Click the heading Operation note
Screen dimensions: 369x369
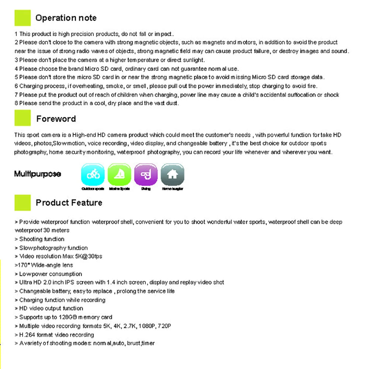[66, 18]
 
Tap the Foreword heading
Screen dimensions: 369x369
[56, 119]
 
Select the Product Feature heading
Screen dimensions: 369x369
[69, 203]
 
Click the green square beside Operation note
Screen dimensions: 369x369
[23, 18]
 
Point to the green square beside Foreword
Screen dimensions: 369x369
[23, 118]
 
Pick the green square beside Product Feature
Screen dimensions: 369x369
[23, 203]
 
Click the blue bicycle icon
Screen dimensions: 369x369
[93, 175]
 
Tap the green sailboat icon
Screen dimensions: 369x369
[119, 175]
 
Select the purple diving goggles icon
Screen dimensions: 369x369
[146, 175]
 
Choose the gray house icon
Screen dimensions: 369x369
[172, 175]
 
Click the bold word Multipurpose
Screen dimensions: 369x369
[37, 174]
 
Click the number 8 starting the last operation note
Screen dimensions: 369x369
[16, 103]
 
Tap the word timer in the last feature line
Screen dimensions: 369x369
[148, 344]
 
